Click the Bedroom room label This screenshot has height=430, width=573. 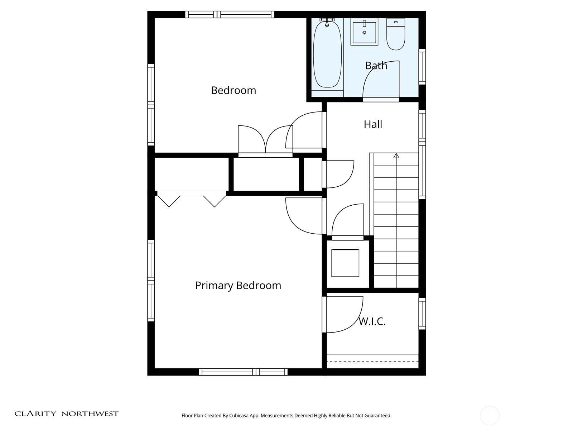point(233,90)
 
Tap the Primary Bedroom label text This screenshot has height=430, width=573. point(238,286)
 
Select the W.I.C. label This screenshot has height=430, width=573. point(372,321)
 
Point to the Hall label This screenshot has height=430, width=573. point(373,124)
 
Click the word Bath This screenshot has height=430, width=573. point(376,66)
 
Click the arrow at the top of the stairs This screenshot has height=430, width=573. point(396,156)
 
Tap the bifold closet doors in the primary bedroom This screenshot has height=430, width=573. point(192,200)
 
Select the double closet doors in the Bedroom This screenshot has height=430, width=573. point(265,140)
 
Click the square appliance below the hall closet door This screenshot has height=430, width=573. point(345,263)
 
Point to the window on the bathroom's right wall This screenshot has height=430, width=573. point(422,67)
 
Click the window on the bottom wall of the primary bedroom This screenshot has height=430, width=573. point(243,372)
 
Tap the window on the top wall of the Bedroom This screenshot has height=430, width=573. point(230,15)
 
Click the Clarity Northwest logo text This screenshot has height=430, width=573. point(66,414)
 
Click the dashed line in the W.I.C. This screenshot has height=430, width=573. point(372,362)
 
